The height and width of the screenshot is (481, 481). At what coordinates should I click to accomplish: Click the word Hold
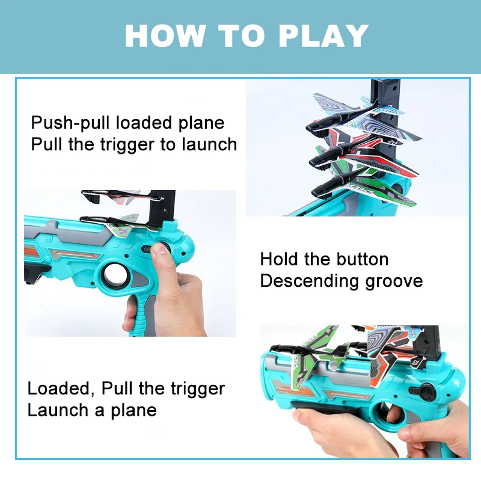[280, 260]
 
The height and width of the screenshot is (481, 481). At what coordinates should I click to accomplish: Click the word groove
[394, 281]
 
